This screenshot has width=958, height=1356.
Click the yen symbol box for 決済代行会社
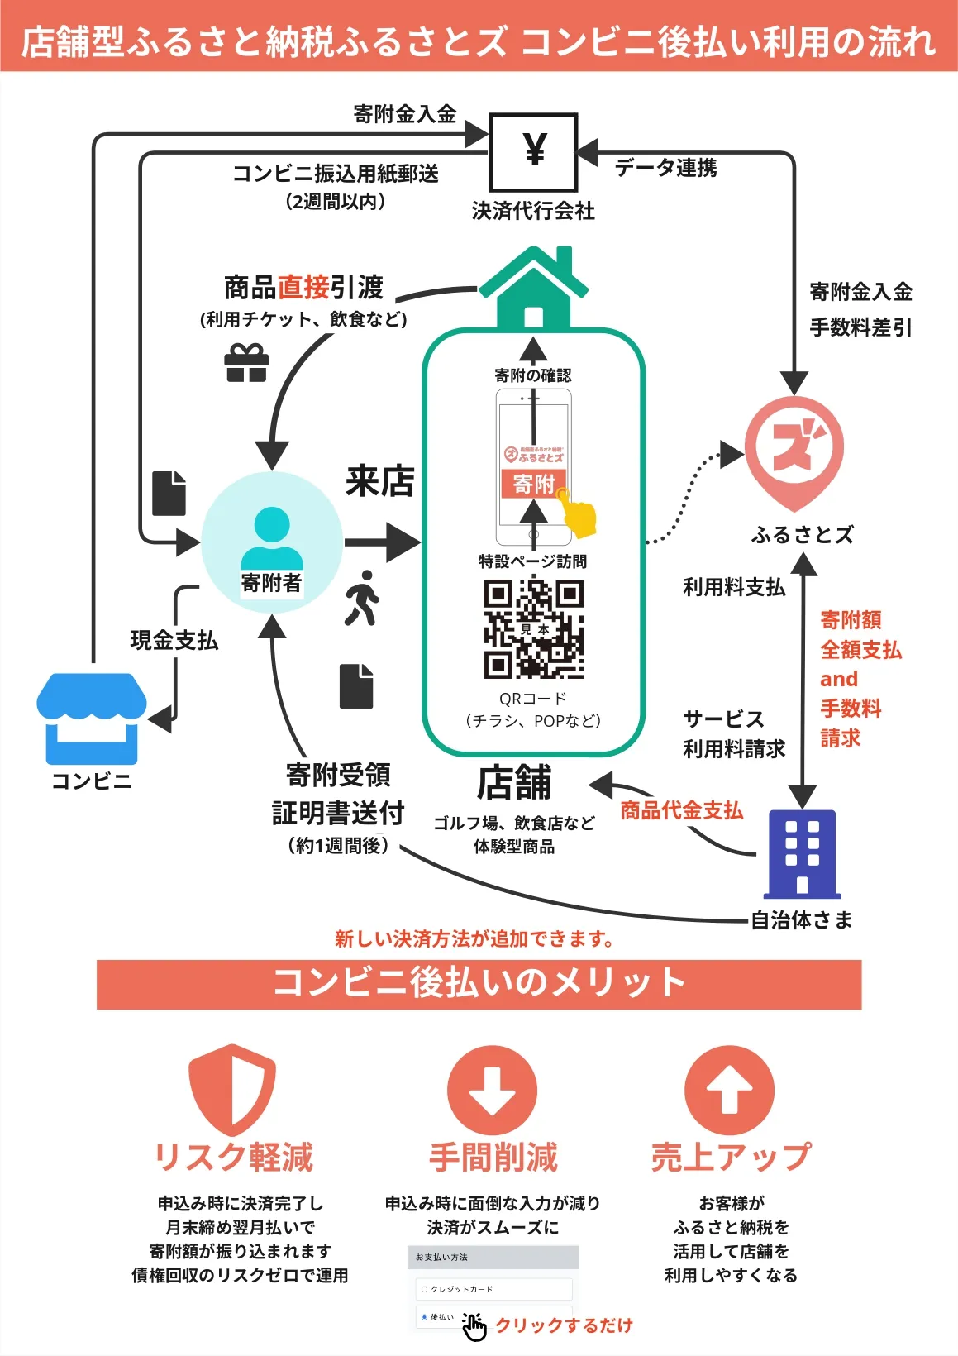coord(534,152)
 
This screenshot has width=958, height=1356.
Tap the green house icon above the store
coord(533,289)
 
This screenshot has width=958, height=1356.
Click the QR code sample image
coord(533,628)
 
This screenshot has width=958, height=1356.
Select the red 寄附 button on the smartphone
coord(533,484)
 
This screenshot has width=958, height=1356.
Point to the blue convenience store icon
coord(91,718)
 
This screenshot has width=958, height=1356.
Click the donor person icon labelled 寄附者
coord(272,542)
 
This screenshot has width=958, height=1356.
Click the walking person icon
coord(361,597)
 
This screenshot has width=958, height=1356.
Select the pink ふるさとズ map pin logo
coord(794,451)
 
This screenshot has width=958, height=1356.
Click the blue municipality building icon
coord(802,853)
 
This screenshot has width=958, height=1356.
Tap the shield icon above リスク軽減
coord(231,1089)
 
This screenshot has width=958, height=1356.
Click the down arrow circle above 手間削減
coord(492,1091)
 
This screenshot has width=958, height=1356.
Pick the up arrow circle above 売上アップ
coord(729,1091)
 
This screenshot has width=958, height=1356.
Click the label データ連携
coord(666,168)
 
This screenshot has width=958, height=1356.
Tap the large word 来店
coord(380,481)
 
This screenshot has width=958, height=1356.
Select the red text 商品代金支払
coord(681,810)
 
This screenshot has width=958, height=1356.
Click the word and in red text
coord(838,680)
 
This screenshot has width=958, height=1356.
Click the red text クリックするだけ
coord(565,1325)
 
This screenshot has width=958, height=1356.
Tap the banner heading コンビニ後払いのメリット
coord(479,984)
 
